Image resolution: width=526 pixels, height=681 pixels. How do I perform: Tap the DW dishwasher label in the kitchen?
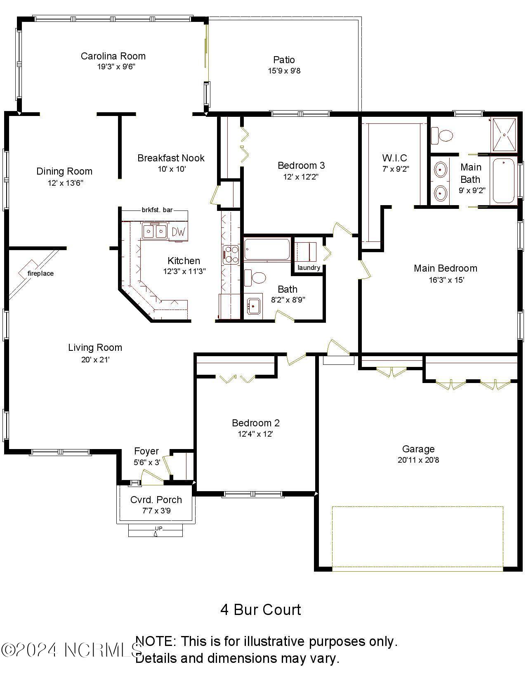click(178, 232)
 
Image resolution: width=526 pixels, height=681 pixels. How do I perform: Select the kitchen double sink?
click(155, 231)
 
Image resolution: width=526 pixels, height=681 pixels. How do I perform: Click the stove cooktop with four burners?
click(231, 254)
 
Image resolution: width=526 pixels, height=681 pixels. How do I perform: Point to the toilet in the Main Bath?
click(442, 135)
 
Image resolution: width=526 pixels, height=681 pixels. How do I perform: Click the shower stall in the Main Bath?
click(504, 135)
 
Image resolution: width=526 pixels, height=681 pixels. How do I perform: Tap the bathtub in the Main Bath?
click(503, 180)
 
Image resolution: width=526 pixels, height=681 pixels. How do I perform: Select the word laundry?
click(309, 267)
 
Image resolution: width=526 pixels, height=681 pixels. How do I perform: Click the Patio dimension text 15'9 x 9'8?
click(284, 71)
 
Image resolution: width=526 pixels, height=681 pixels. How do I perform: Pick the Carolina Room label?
click(113, 56)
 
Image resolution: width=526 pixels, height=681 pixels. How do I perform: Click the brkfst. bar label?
click(157, 210)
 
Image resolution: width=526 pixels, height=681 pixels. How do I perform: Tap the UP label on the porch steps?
click(158, 528)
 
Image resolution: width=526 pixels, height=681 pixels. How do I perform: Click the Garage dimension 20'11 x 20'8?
click(418, 460)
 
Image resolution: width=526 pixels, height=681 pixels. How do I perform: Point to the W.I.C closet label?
click(394, 158)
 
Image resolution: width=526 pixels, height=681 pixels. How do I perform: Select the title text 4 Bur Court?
click(261, 610)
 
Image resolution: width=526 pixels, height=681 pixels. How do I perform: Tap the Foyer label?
click(146, 451)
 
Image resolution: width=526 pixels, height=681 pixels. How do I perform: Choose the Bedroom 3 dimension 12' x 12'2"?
click(301, 177)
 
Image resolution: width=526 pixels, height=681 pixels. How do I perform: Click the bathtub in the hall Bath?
click(267, 249)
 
